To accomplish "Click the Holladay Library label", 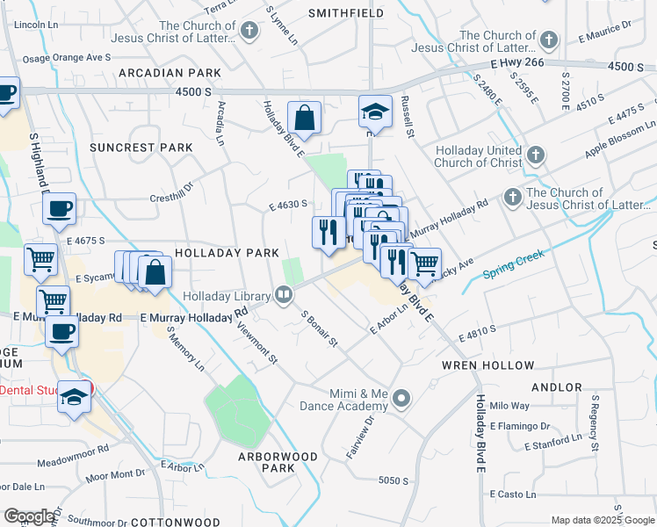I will coord(226,297).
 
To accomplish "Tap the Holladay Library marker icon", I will coord(283,296).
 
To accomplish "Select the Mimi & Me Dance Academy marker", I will coord(401,400).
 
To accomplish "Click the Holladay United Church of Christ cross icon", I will coord(536,155).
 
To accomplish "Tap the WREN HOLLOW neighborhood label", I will coord(487,365).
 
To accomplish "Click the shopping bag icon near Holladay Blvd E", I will coord(304,118).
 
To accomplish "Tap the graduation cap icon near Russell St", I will coord(374,112).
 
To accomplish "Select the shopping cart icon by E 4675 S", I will coord(41,259).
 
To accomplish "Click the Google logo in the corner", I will coord(29,516).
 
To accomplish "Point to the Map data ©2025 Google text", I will coord(602,520).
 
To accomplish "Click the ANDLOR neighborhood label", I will coord(556,387).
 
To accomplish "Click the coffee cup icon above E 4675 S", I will coord(59,209).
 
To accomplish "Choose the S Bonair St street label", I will coord(319,328).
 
